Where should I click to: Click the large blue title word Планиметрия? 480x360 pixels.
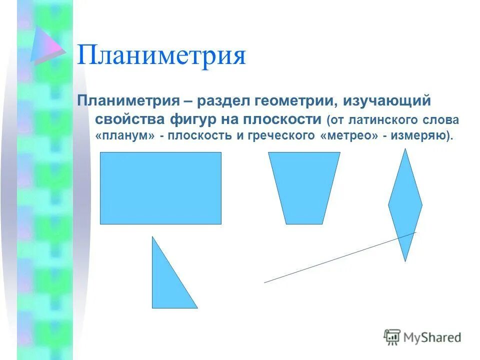(x=161, y=56)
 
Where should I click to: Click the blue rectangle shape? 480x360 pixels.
(x=160, y=188)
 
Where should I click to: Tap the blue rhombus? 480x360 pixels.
(x=405, y=204)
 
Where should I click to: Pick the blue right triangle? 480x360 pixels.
(x=167, y=285)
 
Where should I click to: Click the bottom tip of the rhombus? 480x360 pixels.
(x=405, y=260)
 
